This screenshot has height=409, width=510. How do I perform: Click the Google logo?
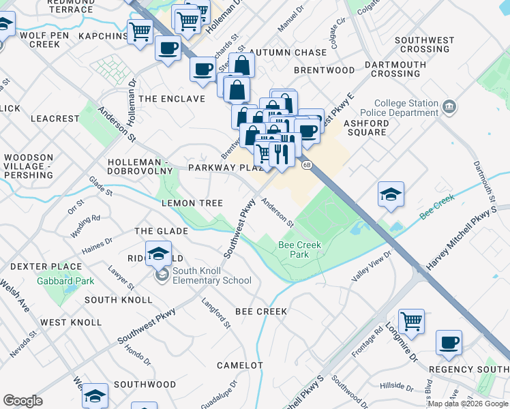click(22, 401)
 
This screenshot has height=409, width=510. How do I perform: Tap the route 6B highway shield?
click(307, 164)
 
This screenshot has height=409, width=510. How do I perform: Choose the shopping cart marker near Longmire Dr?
click(411, 320)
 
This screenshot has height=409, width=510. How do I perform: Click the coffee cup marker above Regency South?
click(449, 342)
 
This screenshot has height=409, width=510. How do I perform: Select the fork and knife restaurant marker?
click(280, 152)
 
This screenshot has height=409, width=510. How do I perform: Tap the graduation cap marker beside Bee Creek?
click(391, 195)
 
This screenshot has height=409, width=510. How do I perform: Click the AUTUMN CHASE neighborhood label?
click(288, 52)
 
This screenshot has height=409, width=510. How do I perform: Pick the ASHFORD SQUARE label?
click(366, 127)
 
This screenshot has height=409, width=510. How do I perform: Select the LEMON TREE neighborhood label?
click(192, 203)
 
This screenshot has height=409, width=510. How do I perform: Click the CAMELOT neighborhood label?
click(239, 365)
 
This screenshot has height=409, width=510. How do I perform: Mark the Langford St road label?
click(216, 312)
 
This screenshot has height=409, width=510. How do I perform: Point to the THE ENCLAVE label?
click(172, 99)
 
